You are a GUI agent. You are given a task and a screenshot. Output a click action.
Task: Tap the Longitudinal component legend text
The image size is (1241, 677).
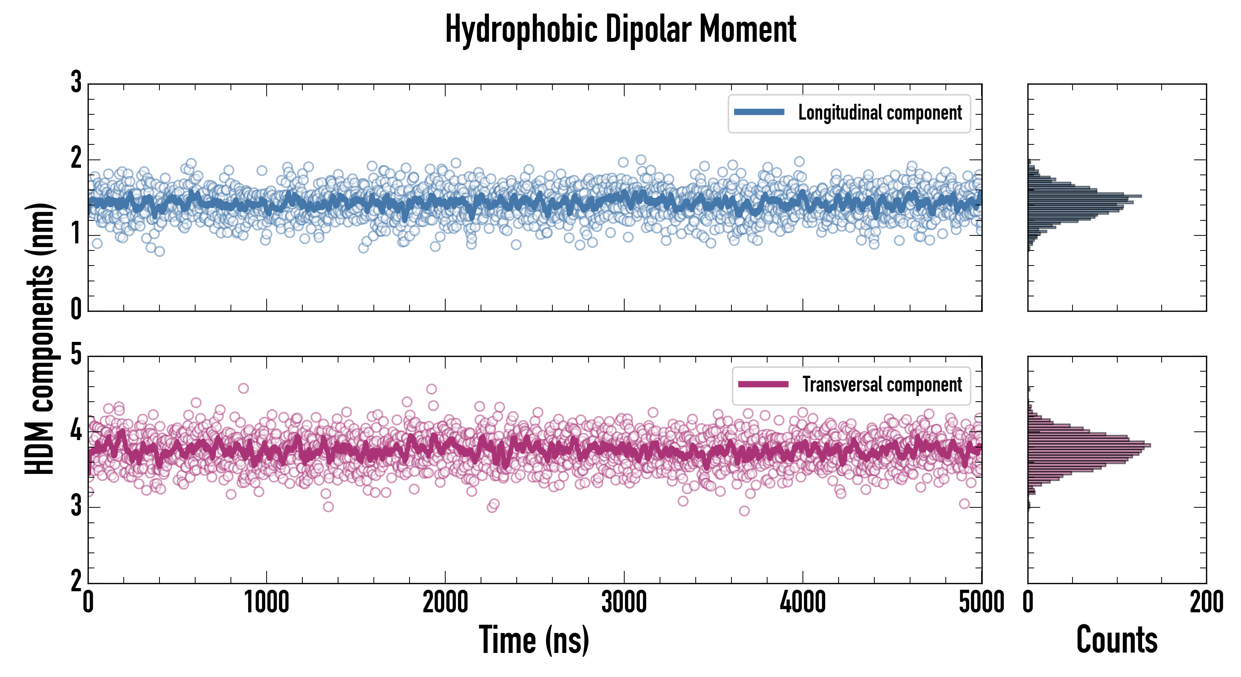(x=880, y=113)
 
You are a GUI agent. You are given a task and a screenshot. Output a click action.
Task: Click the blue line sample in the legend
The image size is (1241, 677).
(x=759, y=112)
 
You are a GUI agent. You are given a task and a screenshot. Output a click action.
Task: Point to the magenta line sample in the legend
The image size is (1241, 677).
(x=763, y=384)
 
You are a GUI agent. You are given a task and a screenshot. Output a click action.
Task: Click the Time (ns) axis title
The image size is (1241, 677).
(x=534, y=640)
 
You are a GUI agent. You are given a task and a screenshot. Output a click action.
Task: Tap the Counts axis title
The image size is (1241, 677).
(x=1117, y=640)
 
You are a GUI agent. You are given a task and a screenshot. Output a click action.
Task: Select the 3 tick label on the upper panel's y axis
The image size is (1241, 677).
(x=76, y=82)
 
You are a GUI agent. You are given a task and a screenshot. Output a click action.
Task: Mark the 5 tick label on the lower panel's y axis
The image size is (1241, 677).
(x=76, y=355)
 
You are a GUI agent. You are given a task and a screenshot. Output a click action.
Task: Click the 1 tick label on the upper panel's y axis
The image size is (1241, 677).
(x=76, y=235)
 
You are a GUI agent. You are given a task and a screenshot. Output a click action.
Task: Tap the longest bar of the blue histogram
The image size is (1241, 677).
(x=1084, y=196)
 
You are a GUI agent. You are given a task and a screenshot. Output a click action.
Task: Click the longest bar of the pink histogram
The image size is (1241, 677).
(x=1089, y=445)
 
